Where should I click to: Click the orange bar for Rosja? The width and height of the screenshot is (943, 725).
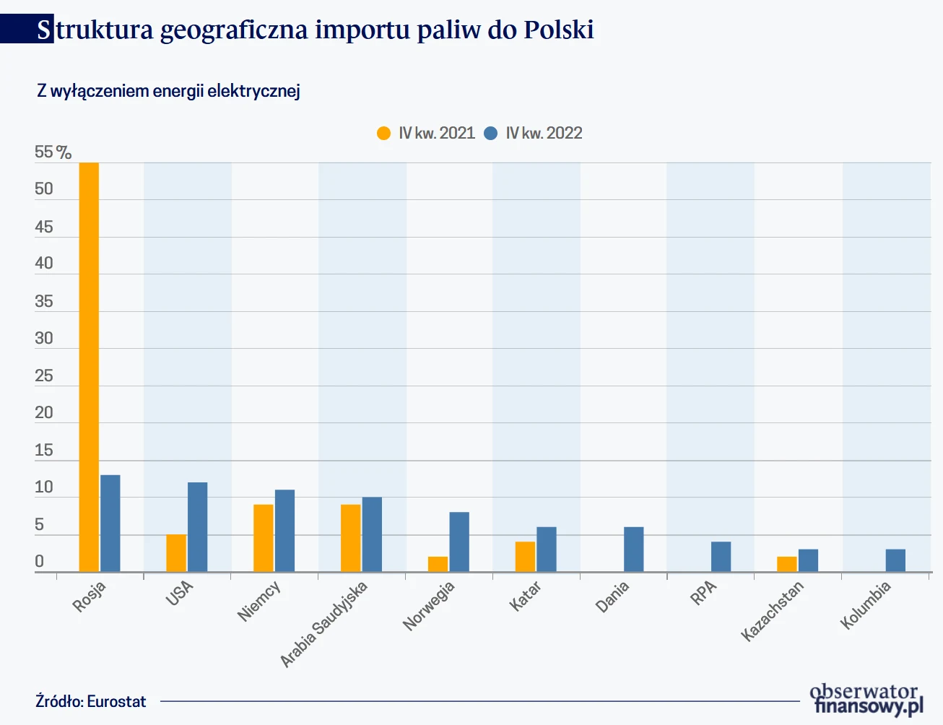click(x=89, y=367)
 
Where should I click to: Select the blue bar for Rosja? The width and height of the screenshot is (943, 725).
click(x=110, y=524)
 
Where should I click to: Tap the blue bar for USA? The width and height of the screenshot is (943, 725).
click(x=197, y=527)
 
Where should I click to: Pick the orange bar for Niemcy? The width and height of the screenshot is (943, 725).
click(x=264, y=538)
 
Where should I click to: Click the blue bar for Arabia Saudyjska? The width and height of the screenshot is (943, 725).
click(x=372, y=534)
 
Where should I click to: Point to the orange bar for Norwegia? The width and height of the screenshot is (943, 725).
click(x=438, y=564)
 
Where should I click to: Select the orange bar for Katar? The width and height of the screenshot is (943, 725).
click(x=525, y=557)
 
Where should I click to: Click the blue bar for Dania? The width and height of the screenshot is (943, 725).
click(x=633, y=550)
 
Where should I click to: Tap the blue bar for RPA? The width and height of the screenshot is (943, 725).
click(x=721, y=557)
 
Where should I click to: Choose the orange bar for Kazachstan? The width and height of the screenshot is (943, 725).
click(x=787, y=564)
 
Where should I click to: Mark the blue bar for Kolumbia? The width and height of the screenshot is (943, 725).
click(x=895, y=560)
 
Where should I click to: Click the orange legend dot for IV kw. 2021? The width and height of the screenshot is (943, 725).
click(x=383, y=133)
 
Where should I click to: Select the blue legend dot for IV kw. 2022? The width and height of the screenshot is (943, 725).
click(x=490, y=133)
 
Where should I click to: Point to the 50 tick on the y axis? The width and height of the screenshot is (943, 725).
click(x=44, y=189)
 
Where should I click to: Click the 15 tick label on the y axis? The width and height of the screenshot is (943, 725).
click(x=44, y=451)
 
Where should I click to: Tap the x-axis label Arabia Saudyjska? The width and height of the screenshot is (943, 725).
click(x=323, y=623)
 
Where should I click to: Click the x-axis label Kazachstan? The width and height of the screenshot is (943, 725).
click(x=773, y=611)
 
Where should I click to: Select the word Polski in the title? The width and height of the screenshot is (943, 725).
click(x=559, y=30)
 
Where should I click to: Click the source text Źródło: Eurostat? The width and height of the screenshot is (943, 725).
click(x=91, y=702)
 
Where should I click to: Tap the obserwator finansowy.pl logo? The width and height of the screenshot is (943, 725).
click(x=866, y=700)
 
